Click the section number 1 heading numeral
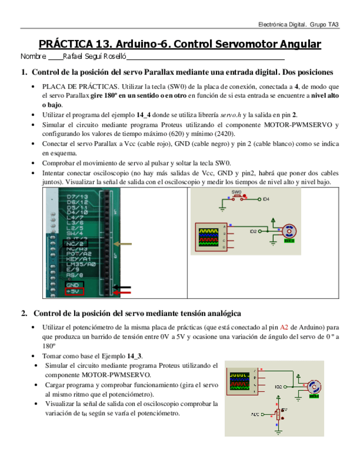click(24, 72)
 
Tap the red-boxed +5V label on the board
click(74, 292)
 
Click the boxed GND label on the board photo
click(73, 285)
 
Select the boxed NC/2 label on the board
click(74, 243)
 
